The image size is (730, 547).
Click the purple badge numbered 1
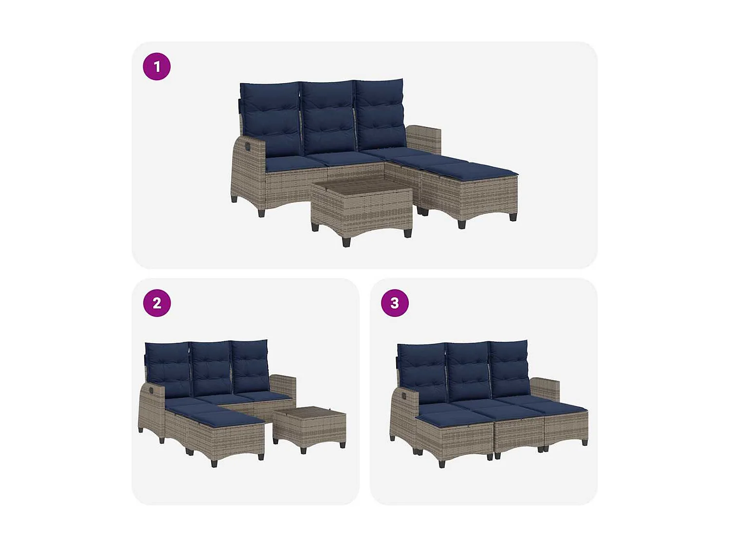[157, 67]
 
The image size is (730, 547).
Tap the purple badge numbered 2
[157, 303]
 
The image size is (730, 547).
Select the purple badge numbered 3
[395, 303]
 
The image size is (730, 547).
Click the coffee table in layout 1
[361, 207]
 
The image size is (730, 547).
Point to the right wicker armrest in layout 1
[423, 139]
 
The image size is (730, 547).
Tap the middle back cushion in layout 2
[211, 367]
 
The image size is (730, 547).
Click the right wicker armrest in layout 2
[283, 384]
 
